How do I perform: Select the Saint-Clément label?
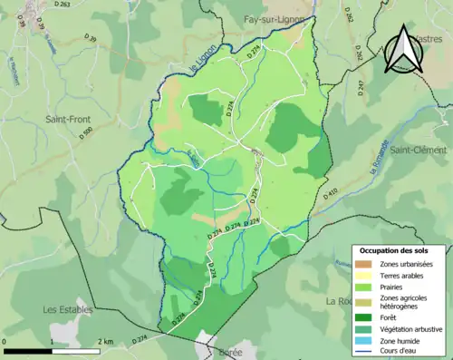click(x=419, y=150)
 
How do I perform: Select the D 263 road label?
click(x=62, y=5)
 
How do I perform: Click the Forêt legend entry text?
click(x=391, y=316)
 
